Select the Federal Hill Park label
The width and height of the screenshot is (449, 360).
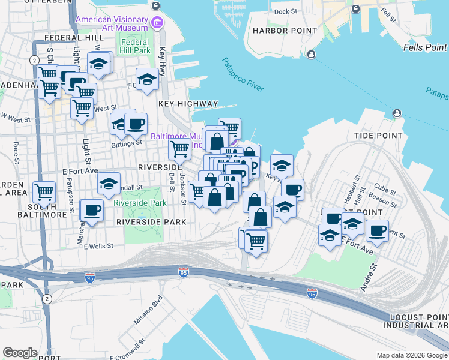(x=135, y=46)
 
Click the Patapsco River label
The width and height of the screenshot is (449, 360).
(x=243, y=74)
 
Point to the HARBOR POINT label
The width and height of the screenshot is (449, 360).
(x=285, y=31)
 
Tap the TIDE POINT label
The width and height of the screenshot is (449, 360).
(x=378, y=136)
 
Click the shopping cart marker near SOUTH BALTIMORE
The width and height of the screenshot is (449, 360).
(x=44, y=192)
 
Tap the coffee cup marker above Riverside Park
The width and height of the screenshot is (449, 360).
(x=92, y=211)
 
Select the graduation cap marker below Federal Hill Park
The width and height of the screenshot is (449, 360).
(x=147, y=79)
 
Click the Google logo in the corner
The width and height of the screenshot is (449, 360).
(x=20, y=353)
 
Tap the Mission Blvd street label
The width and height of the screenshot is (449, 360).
(x=148, y=310)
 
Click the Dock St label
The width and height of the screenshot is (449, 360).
(x=285, y=11)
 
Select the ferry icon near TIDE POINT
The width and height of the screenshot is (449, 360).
(x=397, y=113)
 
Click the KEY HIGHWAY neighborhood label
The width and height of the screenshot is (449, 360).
(x=188, y=104)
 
